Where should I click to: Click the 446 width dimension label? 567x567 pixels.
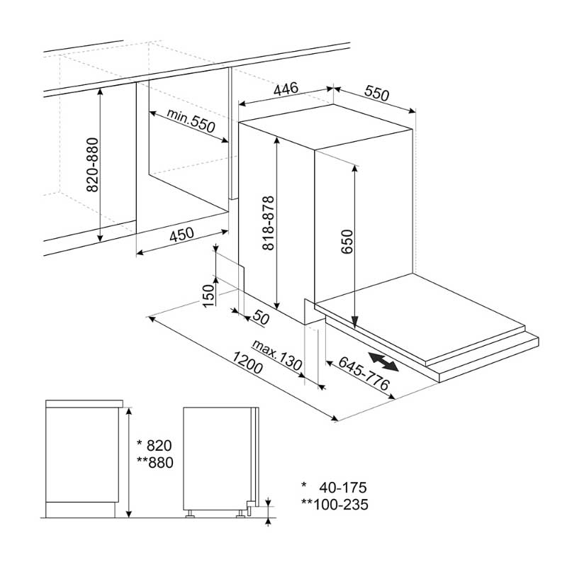286,89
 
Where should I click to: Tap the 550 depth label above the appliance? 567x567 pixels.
376,93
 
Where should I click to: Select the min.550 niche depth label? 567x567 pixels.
191,120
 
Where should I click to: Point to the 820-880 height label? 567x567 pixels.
93,164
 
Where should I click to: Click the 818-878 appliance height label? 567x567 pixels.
269,223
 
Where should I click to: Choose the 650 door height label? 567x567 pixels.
347,242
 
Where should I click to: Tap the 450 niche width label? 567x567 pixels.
181,235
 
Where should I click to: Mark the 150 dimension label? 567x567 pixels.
208,296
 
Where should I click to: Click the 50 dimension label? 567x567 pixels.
261,318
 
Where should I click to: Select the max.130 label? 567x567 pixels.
277,355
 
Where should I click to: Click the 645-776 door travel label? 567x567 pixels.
364,374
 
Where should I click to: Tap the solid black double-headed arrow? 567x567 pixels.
383,361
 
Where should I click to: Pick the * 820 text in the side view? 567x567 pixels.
155,446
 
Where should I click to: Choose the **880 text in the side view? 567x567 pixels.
155,463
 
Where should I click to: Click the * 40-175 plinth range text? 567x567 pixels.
334,488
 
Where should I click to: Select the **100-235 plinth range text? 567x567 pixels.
335,505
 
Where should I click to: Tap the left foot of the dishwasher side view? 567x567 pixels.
190,514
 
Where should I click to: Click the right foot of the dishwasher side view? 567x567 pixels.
240,514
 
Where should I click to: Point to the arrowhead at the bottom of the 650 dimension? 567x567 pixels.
355,322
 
